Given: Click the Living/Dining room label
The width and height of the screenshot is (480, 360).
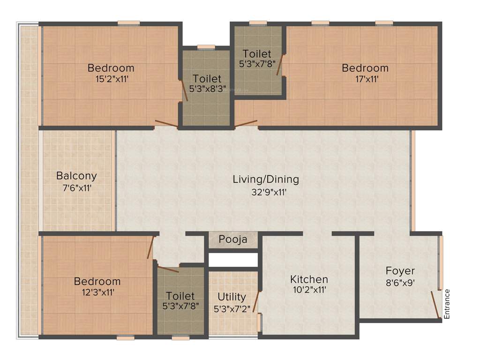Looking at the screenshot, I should [266, 179].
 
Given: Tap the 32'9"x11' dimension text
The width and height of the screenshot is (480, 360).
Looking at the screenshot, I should [266, 192].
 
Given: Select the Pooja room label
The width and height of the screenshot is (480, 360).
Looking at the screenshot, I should [233, 240].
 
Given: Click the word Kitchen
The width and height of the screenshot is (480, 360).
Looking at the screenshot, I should [308, 279].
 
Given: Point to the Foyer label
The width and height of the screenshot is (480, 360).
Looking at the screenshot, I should [400, 271].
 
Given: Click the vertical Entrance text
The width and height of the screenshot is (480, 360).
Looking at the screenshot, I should [447, 304].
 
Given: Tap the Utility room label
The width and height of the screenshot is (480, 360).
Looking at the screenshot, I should [232, 297].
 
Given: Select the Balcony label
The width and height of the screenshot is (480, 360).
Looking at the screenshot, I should [76, 176].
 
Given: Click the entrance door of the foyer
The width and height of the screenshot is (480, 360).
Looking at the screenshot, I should [435, 305].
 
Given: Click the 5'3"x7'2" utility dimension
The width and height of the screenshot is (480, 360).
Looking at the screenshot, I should [232, 309].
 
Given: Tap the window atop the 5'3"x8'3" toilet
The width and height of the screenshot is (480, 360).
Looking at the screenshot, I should [206, 47].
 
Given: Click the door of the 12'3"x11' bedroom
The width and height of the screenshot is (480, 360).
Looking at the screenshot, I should [150, 247].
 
